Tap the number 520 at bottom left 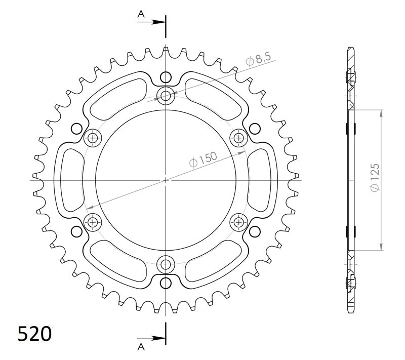(34, 334)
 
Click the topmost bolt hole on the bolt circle (166, 95)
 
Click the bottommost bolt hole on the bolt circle (166, 264)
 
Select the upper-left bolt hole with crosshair (93, 137)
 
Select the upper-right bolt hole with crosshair (238, 137)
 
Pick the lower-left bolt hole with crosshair (93, 221)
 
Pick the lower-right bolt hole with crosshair (238, 221)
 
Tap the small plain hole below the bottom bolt (166, 282)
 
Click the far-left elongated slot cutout (71, 179)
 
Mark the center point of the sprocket (166, 179)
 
